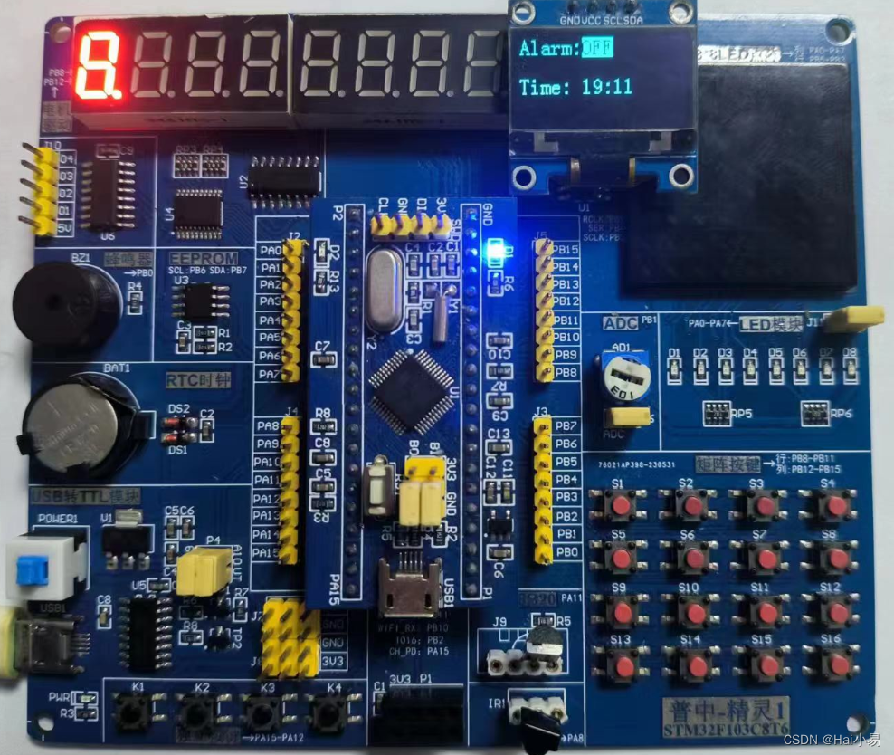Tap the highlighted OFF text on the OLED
pos(596,47)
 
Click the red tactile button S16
pos(839,666)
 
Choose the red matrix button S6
pos(693,559)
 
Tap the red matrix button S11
pos(766,613)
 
